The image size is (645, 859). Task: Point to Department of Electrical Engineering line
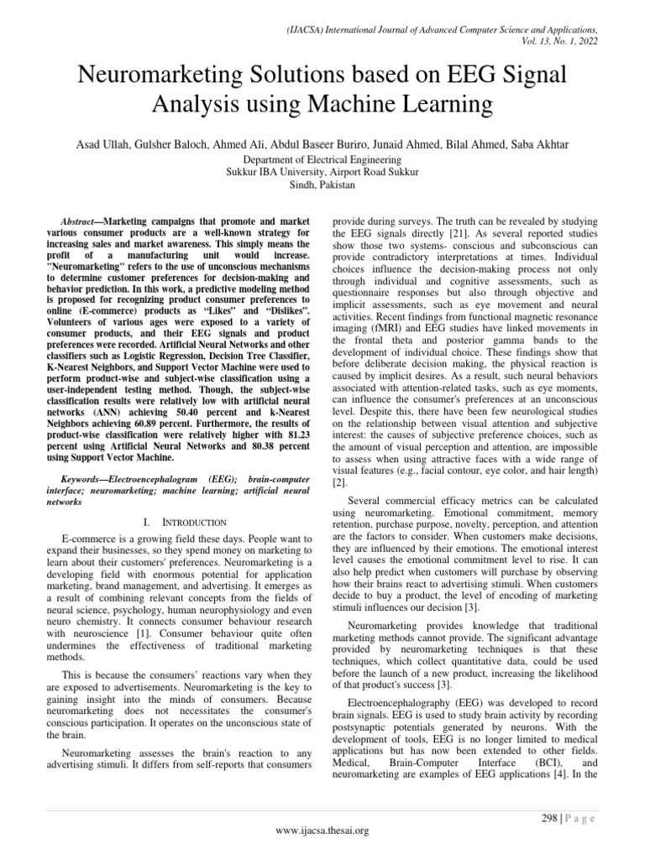322,159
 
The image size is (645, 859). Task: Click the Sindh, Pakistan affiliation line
322,184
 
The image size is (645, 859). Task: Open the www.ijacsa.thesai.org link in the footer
322,831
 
